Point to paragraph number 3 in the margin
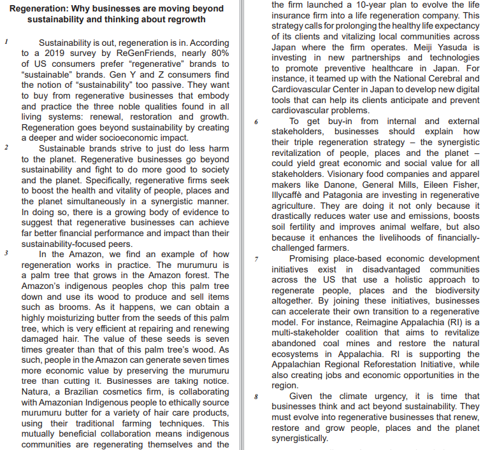(5, 253)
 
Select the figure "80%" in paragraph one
(217, 53)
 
